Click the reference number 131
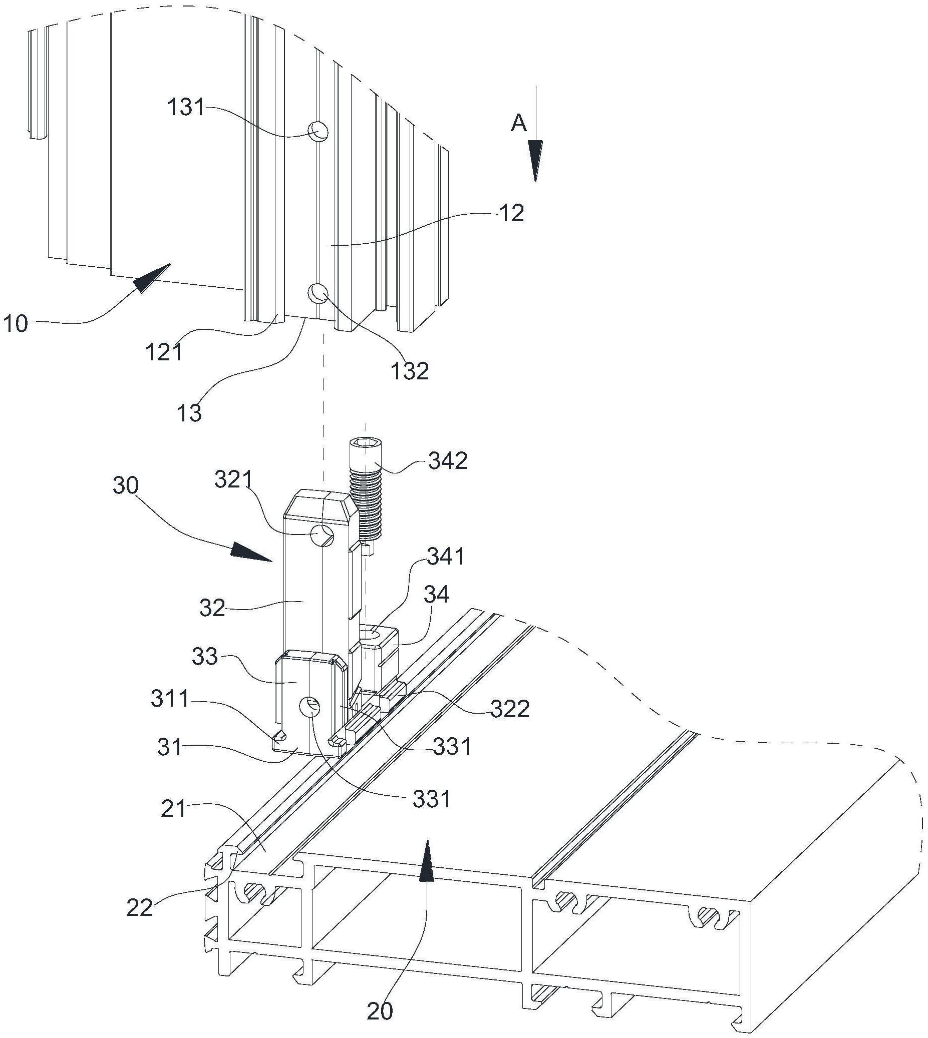tap(186, 108)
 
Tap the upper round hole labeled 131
tap(318, 132)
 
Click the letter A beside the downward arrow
tap(518, 123)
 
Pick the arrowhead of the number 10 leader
tap(153, 277)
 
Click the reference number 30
tap(125, 485)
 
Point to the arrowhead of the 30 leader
tap(252, 553)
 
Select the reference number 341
tap(446, 557)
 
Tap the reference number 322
tap(509, 709)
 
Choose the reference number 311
tap(170, 700)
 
